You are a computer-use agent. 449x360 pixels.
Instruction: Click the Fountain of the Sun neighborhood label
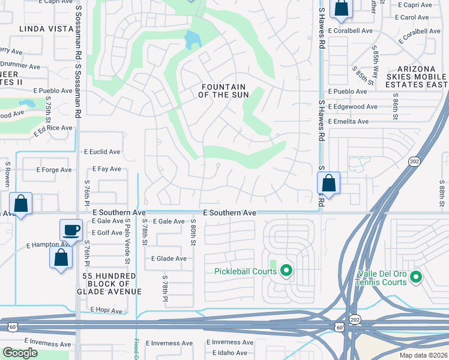tap(222, 91)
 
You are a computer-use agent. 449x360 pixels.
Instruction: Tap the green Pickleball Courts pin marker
tap(286, 271)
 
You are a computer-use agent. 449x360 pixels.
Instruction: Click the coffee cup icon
tap(71, 230)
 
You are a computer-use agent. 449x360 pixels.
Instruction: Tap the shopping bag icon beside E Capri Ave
tap(341, 8)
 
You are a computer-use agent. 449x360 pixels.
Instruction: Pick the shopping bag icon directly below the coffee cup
tap(61, 257)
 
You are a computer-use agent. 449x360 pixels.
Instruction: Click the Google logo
tap(20, 353)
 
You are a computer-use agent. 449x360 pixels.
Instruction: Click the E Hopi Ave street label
tap(106, 310)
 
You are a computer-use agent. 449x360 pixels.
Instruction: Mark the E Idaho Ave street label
tap(226, 353)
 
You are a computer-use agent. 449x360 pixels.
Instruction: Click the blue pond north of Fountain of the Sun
tap(192, 41)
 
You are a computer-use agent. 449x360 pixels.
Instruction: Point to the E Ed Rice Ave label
tap(53, 128)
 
